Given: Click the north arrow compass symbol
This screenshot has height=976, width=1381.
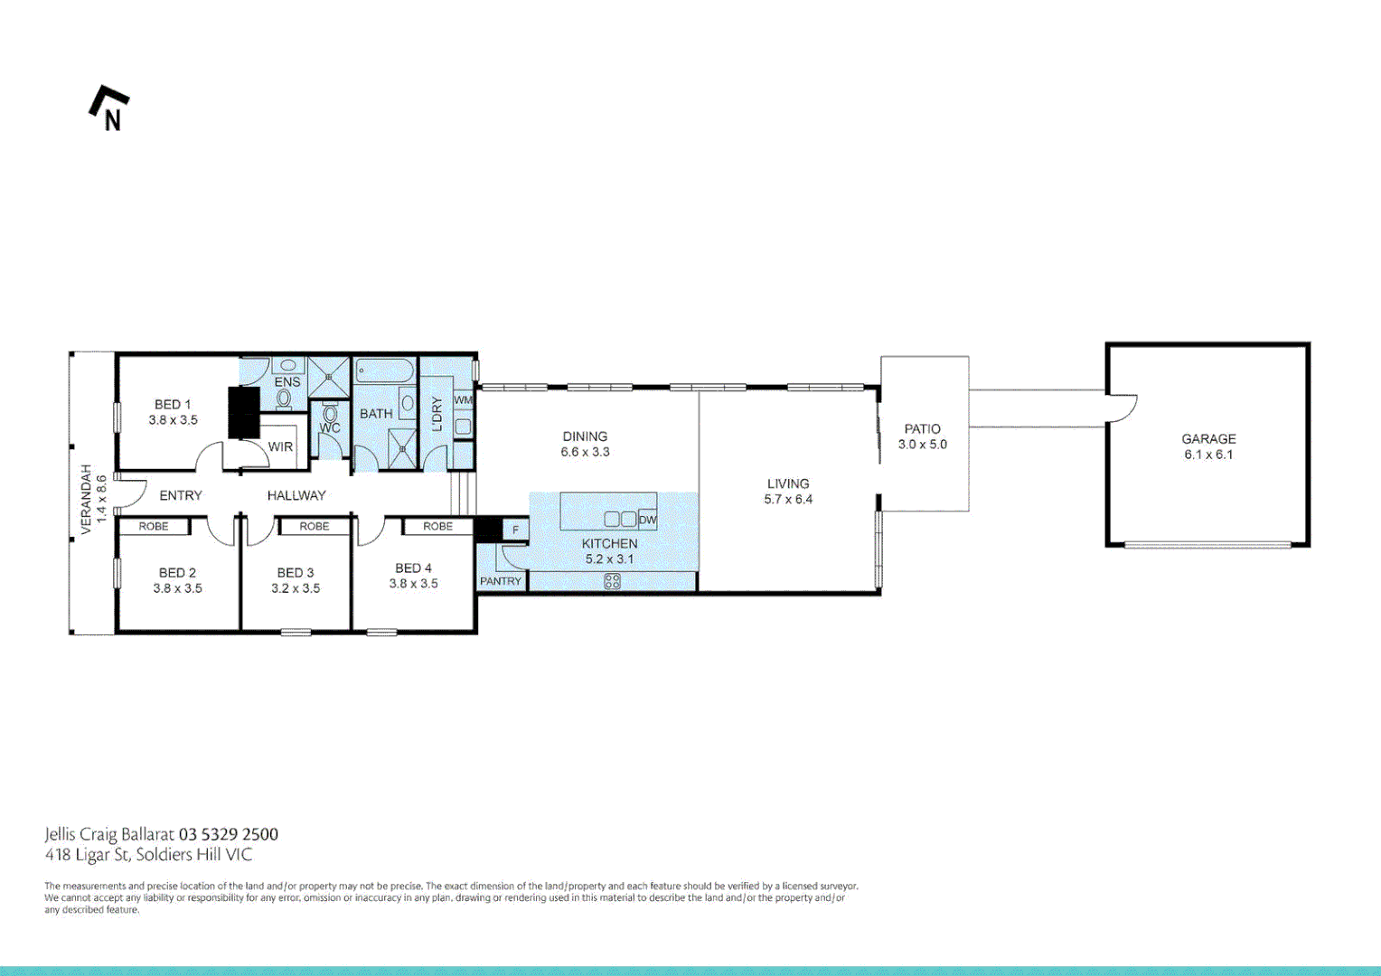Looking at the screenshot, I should (x=108, y=108).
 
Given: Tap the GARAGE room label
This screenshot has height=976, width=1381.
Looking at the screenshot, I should (x=1208, y=439).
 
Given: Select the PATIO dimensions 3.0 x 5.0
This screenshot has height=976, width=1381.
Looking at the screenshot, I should (x=922, y=445).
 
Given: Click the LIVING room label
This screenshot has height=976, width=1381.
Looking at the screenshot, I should (x=788, y=483).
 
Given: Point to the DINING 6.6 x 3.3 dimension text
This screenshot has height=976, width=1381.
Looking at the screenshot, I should (x=585, y=452).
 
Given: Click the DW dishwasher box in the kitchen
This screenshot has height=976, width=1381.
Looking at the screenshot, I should (x=647, y=520).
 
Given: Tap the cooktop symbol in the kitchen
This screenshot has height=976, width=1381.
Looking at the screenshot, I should (x=612, y=582).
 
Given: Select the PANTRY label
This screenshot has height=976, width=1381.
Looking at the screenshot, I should (x=500, y=581).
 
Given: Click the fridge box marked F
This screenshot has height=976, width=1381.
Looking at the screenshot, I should (x=515, y=530).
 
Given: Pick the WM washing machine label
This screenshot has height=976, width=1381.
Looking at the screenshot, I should (x=463, y=400).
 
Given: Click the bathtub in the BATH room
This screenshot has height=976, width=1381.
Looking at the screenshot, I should (x=385, y=370).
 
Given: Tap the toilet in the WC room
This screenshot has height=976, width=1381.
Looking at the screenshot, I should (x=330, y=414).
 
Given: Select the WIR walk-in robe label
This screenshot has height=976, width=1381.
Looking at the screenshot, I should (x=280, y=446).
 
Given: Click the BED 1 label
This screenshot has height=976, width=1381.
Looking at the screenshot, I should (x=173, y=405).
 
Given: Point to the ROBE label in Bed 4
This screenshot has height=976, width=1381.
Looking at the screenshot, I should (x=437, y=526).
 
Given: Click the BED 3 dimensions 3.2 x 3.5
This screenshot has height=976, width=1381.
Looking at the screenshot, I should (x=296, y=588).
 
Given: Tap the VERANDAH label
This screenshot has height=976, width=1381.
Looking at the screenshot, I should (x=87, y=499).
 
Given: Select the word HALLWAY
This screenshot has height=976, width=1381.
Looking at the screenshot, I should (x=296, y=495).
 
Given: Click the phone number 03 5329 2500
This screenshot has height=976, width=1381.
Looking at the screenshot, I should (x=229, y=834).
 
